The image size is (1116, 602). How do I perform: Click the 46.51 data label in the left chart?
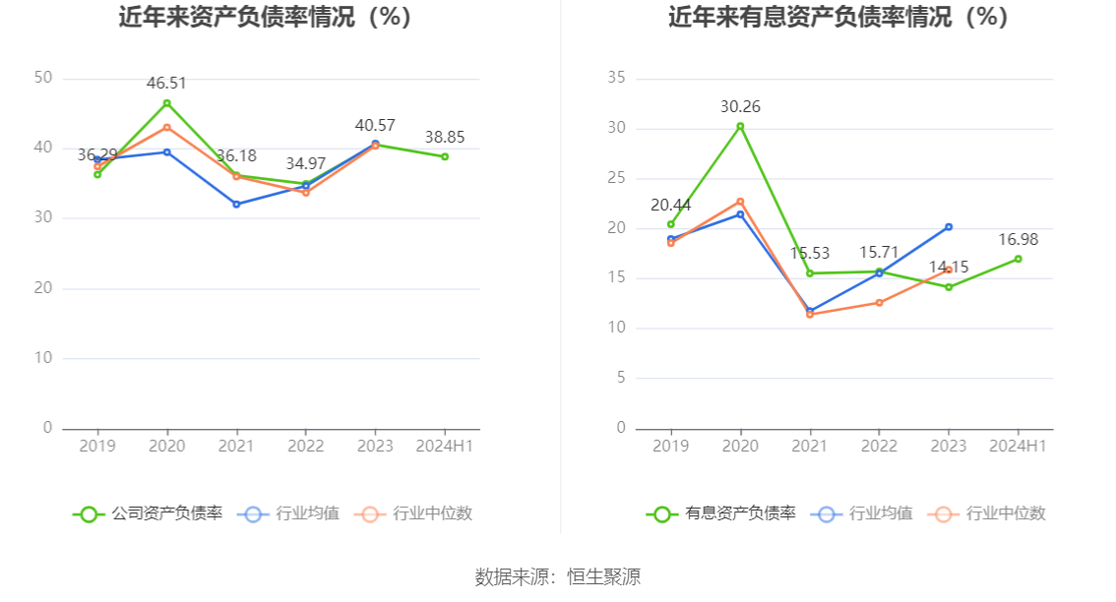[x=166, y=84]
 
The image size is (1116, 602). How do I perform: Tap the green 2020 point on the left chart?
[x=166, y=103]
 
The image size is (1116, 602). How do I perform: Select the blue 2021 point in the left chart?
[x=236, y=204]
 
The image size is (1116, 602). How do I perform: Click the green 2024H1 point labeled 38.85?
[x=445, y=156]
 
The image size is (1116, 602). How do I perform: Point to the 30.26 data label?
[x=740, y=107]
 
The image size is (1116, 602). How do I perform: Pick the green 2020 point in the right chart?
[x=740, y=126]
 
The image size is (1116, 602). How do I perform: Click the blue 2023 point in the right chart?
[x=949, y=227]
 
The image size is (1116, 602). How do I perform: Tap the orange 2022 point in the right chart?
[x=879, y=303]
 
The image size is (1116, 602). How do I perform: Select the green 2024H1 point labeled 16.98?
[x=1018, y=259]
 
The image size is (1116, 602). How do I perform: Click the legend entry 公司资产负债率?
[x=148, y=513]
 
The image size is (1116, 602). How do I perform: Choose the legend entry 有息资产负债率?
[x=721, y=513]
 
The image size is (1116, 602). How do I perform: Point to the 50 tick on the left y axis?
[x=43, y=78]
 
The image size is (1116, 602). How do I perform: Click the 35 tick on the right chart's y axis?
[x=617, y=78]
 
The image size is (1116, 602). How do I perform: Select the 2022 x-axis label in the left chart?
[x=305, y=446]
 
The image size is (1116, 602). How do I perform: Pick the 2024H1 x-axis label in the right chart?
[x=1018, y=446]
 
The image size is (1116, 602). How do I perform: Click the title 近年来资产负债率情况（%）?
[x=265, y=18]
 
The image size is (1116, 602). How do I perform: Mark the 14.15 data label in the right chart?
[x=949, y=268]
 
